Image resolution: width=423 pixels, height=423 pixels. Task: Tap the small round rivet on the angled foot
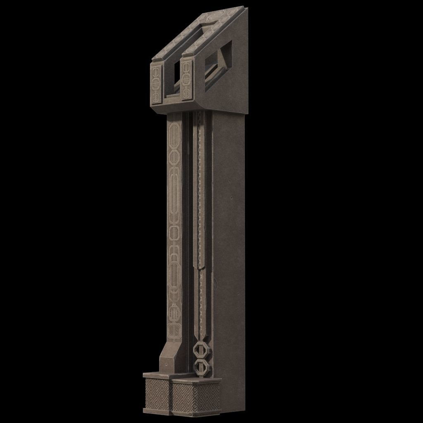[x=166, y=365]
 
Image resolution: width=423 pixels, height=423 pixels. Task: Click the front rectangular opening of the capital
[x=173, y=79]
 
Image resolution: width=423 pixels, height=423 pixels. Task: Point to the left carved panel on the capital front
[x=156, y=83]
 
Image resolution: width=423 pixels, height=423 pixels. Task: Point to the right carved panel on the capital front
[x=187, y=80]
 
